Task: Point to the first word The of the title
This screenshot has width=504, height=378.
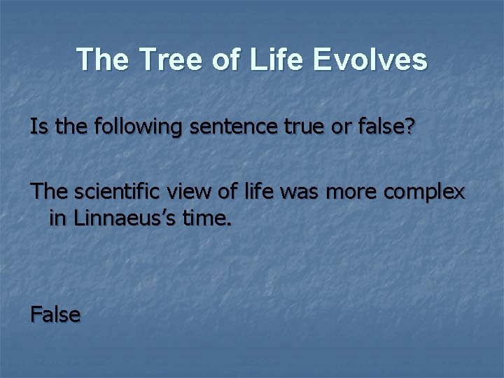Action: coord(102,60)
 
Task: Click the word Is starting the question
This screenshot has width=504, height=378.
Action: coord(38,127)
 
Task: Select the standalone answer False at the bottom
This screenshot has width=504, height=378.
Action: coord(55,314)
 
